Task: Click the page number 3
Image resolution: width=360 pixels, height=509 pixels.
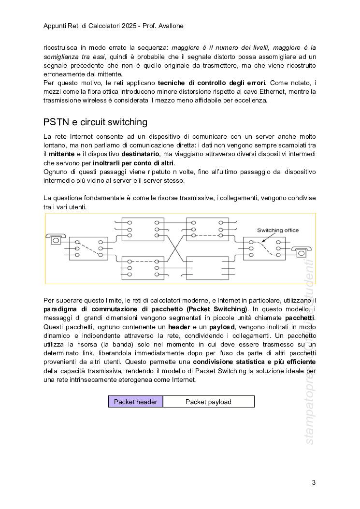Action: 314,482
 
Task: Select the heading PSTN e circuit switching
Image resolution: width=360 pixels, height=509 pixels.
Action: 95,121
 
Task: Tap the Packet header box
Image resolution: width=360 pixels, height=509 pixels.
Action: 136,402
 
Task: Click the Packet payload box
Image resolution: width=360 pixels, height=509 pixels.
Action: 208,402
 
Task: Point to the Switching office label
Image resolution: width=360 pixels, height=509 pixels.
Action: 277,230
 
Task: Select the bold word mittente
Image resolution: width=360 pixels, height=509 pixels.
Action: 62,154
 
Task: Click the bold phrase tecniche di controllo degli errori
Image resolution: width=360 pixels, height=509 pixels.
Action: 212,83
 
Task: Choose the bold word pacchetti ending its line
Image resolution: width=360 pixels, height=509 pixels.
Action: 300,318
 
